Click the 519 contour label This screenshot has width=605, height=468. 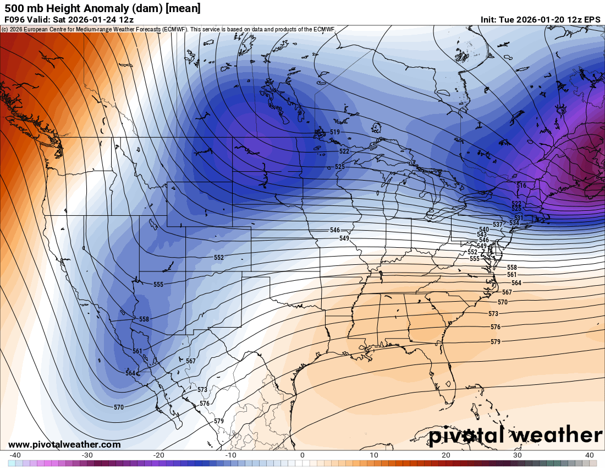pyautogui.click(x=335, y=132)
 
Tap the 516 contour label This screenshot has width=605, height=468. pyautogui.click(x=521, y=186)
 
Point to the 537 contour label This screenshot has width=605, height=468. pyautogui.click(x=498, y=225)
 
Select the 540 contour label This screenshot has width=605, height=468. pyautogui.click(x=484, y=230)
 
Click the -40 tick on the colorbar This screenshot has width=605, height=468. pyautogui.click(x=15, y=455)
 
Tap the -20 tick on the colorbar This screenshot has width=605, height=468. pyautogui.click(x=159, y=455)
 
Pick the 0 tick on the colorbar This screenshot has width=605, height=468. pyautogui.click(x=302, y=455)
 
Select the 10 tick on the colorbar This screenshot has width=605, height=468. pyautogui.click(x=374, y=455)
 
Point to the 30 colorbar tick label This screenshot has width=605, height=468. pyautogui.click(x=518, y=455)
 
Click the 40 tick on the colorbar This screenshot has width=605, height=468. pyautogui.click(x=590, y=455)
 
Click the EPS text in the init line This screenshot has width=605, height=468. pyautogui.click(x=592, y=19)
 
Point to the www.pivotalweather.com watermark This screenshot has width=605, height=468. pyautogui.click(x=64, y=444)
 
